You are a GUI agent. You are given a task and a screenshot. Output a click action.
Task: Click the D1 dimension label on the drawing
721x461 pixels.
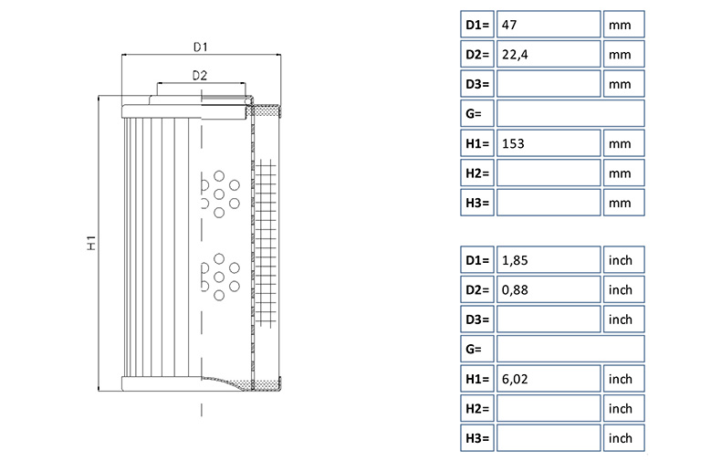(201, 46)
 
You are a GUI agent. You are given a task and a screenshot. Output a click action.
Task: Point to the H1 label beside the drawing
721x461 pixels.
(91, 244)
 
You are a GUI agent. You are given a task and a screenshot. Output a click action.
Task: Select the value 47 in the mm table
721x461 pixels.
(548, 25)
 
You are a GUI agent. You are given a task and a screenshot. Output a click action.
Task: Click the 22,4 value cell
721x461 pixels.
(548, 55)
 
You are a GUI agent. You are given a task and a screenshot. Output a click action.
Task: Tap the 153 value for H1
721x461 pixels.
(548, 143)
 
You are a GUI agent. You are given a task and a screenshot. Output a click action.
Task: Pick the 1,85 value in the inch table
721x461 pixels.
(548, 260)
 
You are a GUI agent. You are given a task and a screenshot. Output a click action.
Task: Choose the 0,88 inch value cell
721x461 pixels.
(548, 290)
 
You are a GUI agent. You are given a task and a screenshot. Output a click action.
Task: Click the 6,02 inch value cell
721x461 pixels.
(548, 379)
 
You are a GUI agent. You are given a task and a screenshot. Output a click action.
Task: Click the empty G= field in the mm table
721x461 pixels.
(570, 113)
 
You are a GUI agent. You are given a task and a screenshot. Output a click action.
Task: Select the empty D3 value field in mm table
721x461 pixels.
(548, 84)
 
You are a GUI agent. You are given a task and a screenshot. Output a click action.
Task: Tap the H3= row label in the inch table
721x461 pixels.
(478, 438)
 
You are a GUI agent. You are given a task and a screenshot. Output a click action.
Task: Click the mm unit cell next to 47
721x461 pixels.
(623, 25)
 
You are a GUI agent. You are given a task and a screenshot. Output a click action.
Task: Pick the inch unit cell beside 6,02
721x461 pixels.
(623, 379)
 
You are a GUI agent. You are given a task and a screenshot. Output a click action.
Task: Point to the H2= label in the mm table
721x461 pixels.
(478, 173)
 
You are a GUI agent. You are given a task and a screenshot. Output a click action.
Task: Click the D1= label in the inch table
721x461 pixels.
(478, 260)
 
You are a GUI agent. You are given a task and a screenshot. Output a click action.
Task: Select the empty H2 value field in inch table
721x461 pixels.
(548, 408)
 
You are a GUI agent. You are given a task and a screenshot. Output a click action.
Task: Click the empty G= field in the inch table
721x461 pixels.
(570, 349)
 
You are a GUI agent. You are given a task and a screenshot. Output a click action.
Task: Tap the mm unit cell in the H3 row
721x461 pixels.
(623, 202)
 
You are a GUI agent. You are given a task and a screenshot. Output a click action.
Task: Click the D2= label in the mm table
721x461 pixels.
(478, 55)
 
